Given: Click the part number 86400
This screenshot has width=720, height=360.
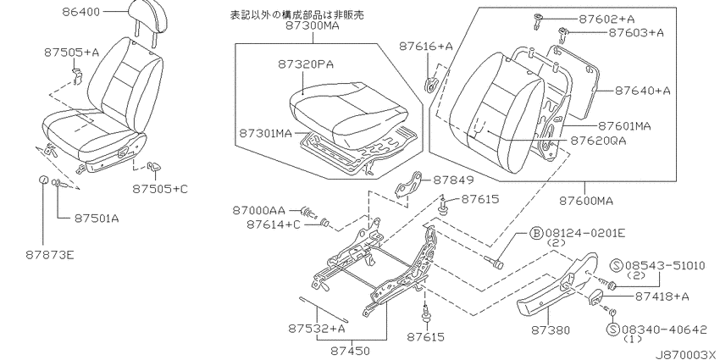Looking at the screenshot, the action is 80,12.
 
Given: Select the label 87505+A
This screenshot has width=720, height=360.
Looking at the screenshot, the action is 72,53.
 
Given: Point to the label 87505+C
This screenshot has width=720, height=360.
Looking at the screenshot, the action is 160,188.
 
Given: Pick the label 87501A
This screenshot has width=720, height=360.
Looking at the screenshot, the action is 97,219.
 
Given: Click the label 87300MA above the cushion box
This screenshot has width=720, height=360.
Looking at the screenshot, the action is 313,26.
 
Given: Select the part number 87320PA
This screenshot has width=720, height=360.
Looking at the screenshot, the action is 305,64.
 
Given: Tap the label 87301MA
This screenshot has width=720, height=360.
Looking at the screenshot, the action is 265,134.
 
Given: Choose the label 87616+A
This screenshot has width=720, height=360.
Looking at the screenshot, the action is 426,46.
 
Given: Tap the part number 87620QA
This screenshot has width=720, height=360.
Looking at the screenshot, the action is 598,141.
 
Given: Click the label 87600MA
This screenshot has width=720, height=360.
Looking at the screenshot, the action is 586,201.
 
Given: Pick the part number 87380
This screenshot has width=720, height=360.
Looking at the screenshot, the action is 551,330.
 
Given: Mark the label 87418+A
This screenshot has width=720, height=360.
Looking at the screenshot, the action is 662,296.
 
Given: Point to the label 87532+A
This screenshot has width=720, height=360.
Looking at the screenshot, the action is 317,329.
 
